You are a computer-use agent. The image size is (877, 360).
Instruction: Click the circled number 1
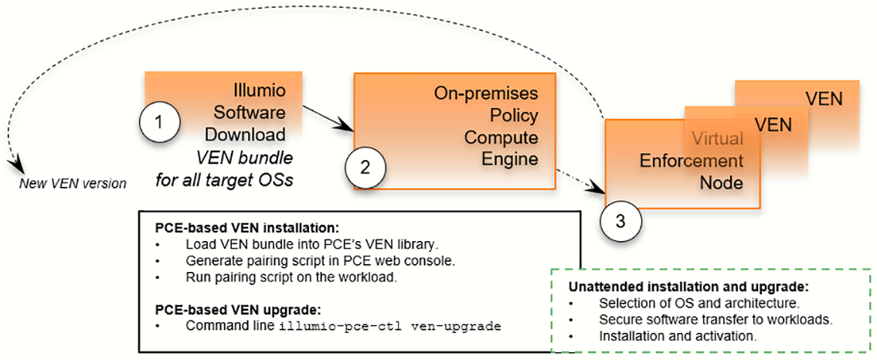coord(159,122)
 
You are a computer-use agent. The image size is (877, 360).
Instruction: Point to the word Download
coord(245,134)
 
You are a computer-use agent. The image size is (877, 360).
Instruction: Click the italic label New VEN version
coord(73,183)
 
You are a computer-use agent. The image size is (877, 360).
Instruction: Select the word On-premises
coord(486,94)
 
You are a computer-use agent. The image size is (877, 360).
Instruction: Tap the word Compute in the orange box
coord(501,138)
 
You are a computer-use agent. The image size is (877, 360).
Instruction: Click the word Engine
coord(510,159)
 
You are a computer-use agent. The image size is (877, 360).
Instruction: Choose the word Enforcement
coord(692,161)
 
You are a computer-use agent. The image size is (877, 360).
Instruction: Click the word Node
coord(721,183)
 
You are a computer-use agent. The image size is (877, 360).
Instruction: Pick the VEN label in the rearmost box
coord(824,99)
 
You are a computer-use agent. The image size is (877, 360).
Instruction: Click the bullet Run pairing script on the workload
coord(291,277)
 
